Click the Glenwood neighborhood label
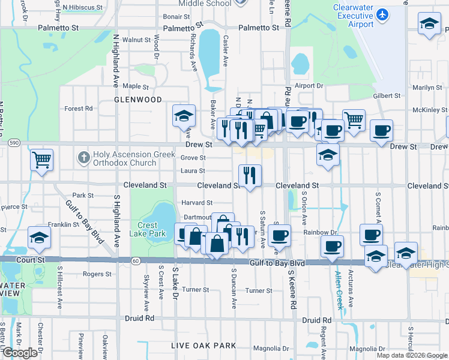[x=138, y=100]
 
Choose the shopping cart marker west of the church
[x=42, y=160]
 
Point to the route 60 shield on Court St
[x=136, y=260]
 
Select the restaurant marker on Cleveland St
[x=249, y=175]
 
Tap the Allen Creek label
[x=339, y=289]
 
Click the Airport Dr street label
[x=309, y=86]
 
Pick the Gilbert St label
[x=387, y=95]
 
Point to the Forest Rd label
[x=79, y=109]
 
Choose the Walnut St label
[x=136, y=40]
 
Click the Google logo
[x=20, y=353]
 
